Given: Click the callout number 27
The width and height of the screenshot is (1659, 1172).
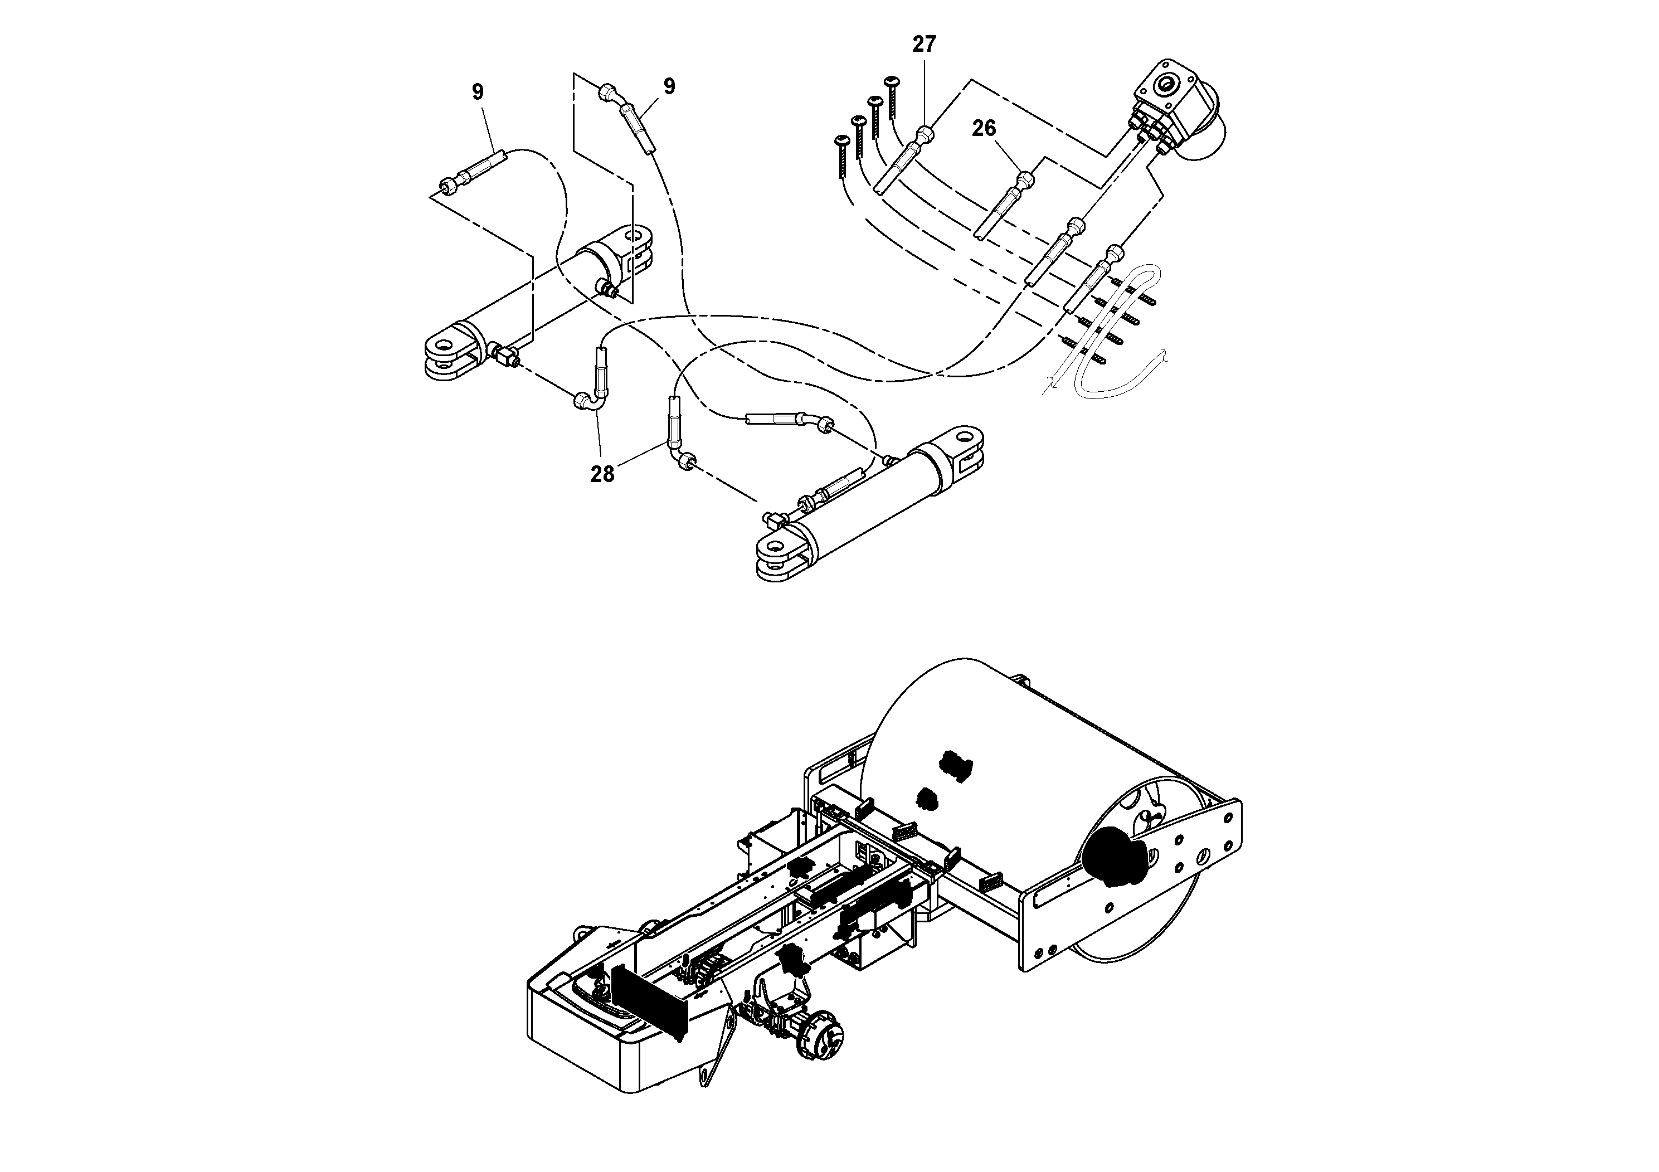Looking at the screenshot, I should (x=923, y=45).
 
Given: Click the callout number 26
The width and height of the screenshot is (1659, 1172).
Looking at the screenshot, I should (x=984, y=129).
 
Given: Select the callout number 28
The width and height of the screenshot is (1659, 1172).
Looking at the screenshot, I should (x=602, y=475).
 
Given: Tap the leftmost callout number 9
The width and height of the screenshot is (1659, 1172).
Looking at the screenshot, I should (x=478, y=93).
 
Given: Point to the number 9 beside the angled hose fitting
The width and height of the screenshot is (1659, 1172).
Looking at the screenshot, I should (x=669, y=87).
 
